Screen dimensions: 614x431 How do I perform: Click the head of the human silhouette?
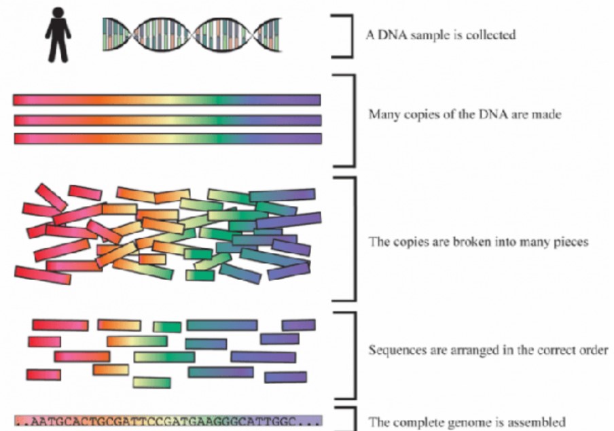pos(58,14)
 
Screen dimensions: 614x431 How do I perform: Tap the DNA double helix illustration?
pos(192,35)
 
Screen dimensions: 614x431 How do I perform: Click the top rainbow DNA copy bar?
pos(167,100)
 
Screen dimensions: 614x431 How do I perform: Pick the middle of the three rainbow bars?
pos(168,120)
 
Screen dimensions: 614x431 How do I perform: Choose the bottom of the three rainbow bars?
pos(168,139)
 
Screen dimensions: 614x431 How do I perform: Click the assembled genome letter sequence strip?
pos(168,421)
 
